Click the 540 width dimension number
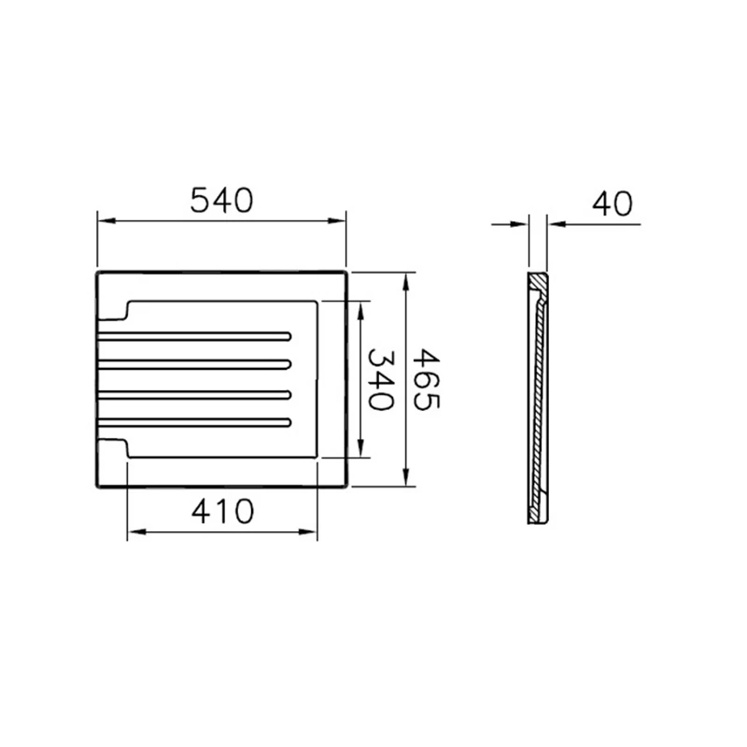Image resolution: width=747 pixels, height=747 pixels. [x=221, y=201]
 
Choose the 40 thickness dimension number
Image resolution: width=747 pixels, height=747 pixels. [x=612, y=203]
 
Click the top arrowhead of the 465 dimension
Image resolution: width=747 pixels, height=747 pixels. [x=406, y=280]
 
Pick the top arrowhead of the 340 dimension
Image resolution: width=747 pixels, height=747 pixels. [x=360, y=308]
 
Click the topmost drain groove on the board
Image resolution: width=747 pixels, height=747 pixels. [x=196, y=335]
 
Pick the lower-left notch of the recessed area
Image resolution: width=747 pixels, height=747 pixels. [x=126, y=448]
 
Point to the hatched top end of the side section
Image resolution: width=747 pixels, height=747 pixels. [x=539, y=283]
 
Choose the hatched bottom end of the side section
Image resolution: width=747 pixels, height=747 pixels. [x=539, y=511]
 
